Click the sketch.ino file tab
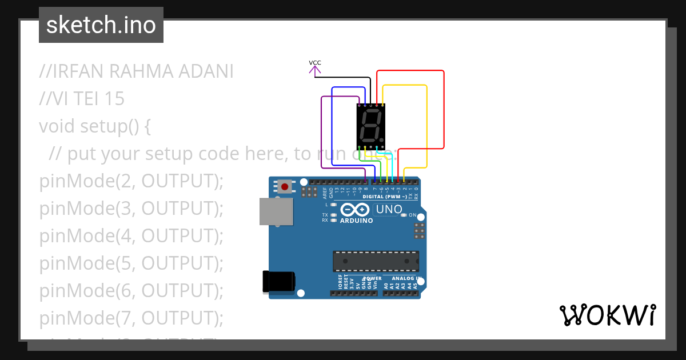coord(101,25)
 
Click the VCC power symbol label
coord(314,63)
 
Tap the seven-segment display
coord(370,126)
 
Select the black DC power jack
coord(278,282)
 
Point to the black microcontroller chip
coord(376,261)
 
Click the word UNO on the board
coord(389,210)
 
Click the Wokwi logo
coord(607,315)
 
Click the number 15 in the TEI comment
coord(114,99)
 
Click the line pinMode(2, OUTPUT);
coord(131,181)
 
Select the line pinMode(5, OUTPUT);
coord(131,263)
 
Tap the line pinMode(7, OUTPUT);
coord(131,318)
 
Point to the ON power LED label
coord(413,215)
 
